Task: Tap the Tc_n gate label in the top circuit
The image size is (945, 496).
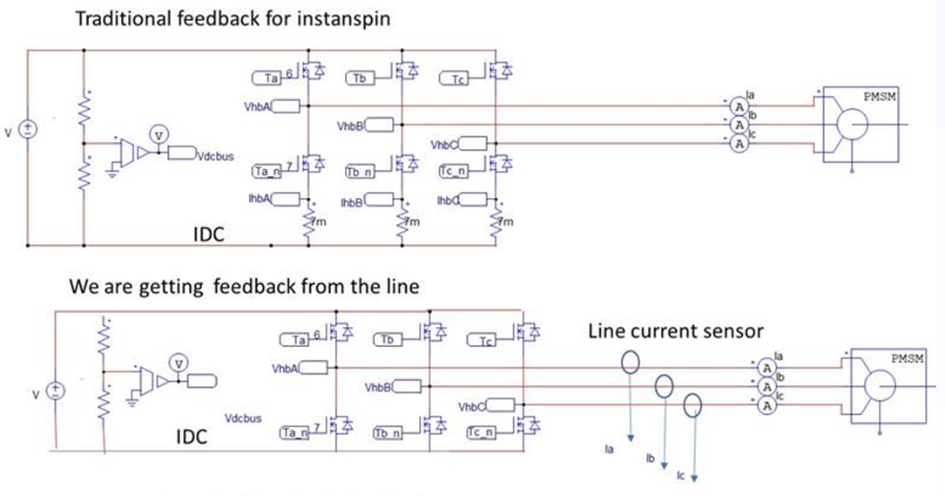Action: [454, 171]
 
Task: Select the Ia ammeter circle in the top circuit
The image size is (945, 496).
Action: [739, 106]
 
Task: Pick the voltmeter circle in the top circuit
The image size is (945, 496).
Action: [157, 133]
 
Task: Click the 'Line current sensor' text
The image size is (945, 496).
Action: [675, 331]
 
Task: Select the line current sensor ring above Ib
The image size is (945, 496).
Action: [664, 385]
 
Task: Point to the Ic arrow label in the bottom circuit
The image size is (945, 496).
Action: [682, 476]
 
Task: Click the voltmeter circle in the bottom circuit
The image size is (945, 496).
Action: [177, 362]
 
